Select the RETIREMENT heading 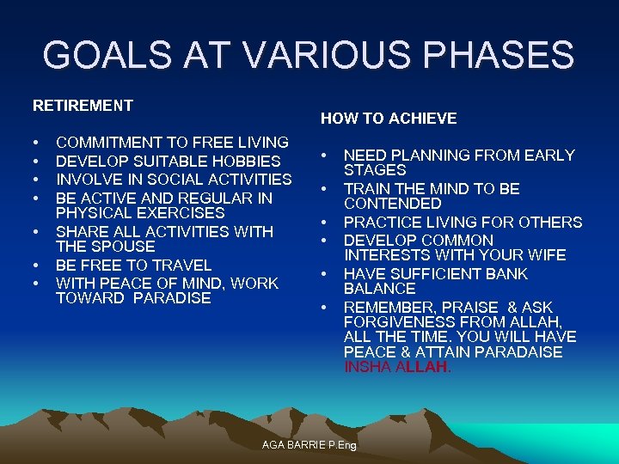click(83, 106)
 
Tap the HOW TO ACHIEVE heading click(389, 119)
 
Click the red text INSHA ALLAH click(397, 367)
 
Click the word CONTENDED click(392, 204)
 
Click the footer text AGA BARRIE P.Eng click(309, 446)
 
